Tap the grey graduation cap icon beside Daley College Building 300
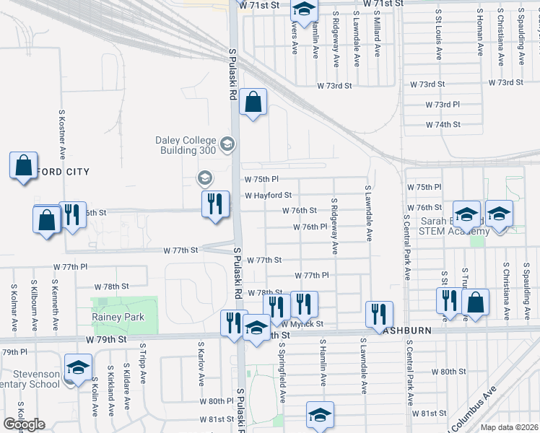227,145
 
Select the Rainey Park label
118,317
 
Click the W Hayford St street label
268,195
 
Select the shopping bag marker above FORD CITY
23,165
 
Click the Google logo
24,424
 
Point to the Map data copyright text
509,427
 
